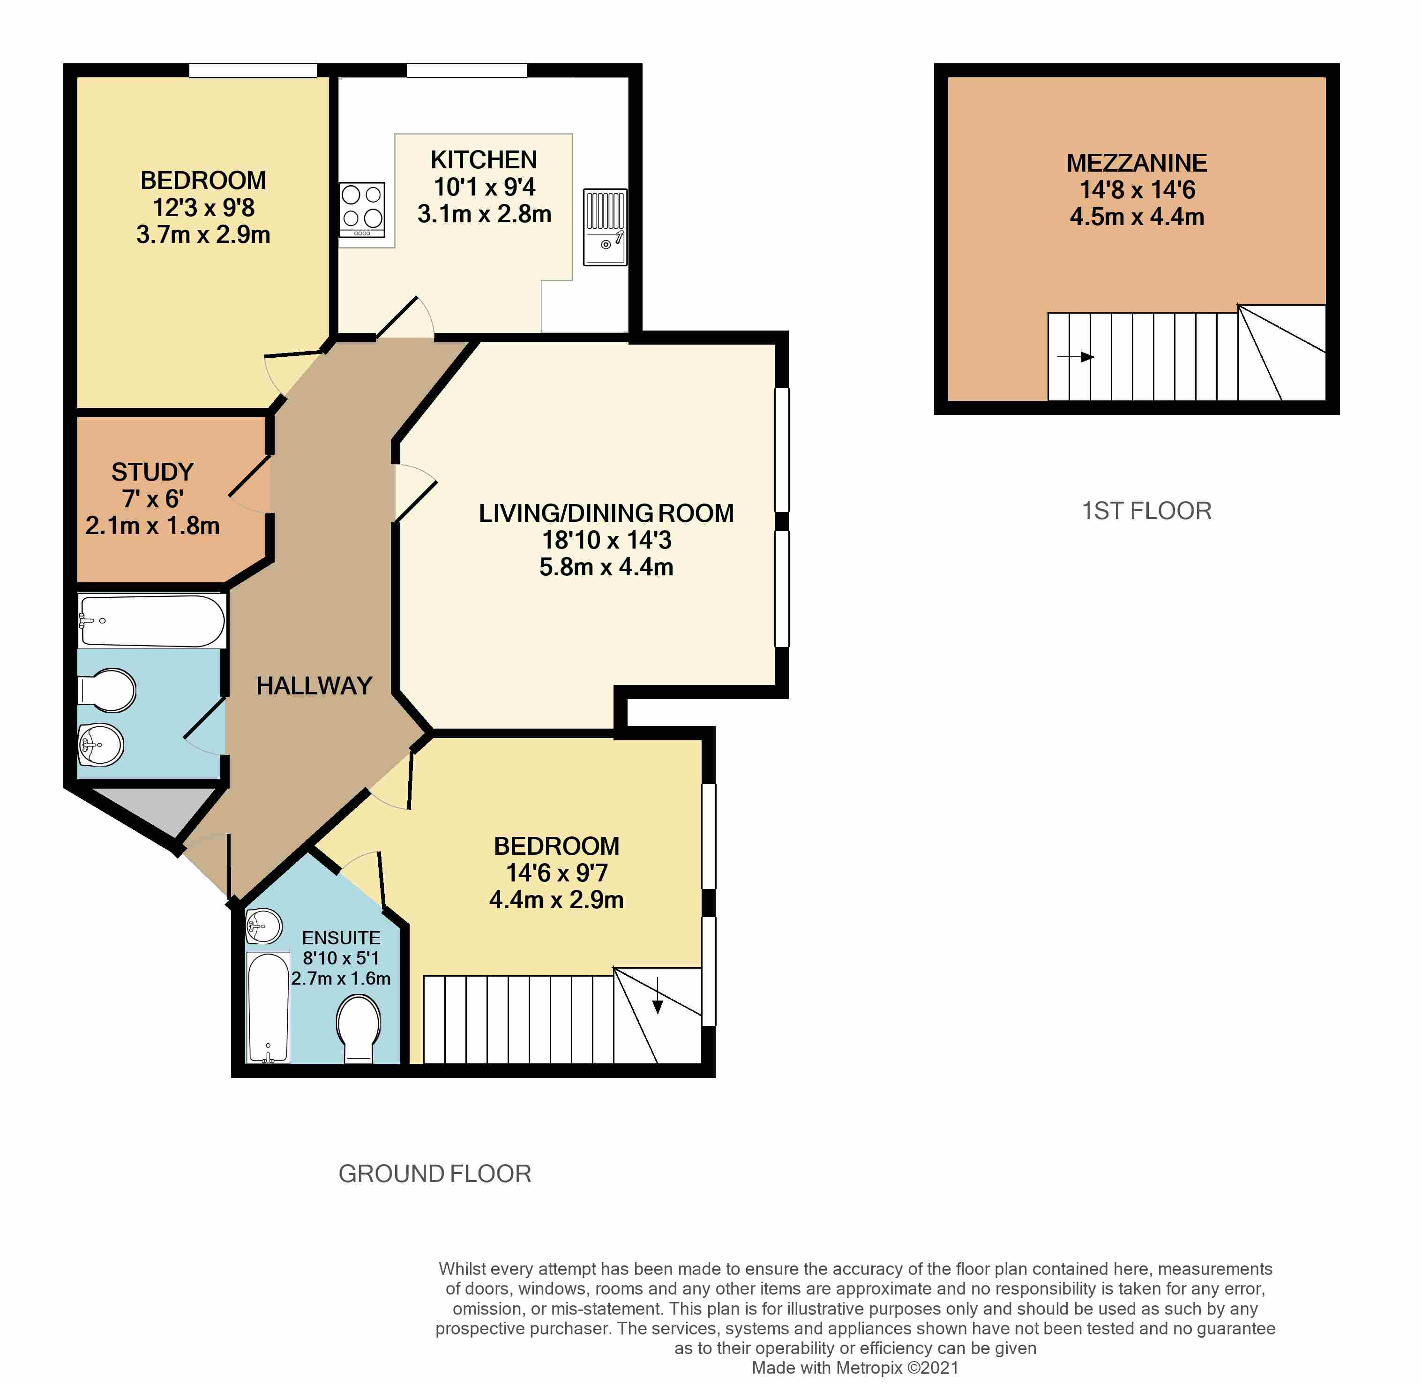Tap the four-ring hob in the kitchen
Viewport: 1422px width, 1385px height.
point(362,209)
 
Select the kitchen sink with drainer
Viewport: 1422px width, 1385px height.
point(605,227)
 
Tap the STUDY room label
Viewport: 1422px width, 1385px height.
point(153,472)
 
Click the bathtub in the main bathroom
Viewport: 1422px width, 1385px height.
point(151,621)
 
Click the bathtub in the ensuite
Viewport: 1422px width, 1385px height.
point(268,1008)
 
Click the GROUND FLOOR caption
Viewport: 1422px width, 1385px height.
point(435,1174)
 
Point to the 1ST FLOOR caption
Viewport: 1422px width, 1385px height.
point(1146,511)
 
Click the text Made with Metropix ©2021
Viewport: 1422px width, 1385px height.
point(855,1368)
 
